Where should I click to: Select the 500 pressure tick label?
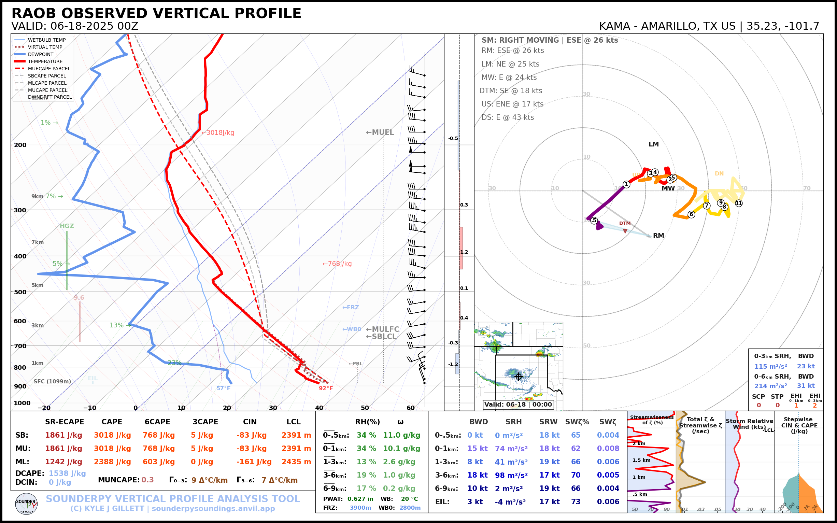point(20,292)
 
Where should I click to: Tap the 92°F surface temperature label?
point(325,388)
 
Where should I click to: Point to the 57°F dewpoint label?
point(224,388)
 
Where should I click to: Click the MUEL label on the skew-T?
point(380,132)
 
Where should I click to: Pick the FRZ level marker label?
point(351,308)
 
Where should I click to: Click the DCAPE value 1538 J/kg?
point(67,473)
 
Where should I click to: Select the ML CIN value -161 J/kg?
point(254,462)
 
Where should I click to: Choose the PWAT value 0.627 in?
point(360,499)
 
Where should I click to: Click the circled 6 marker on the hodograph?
point(691,214)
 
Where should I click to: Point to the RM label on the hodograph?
point(658,236)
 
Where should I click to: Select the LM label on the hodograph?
point(653,144)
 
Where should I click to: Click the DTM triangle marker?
point(625,231)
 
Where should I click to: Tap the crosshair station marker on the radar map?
point(519,377)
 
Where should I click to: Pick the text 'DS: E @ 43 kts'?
point(507,117)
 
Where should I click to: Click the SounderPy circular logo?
point(27,504)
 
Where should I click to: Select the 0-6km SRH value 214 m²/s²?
point(770,386)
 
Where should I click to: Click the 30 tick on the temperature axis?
point(273,408)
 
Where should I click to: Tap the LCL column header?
point(293,422)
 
